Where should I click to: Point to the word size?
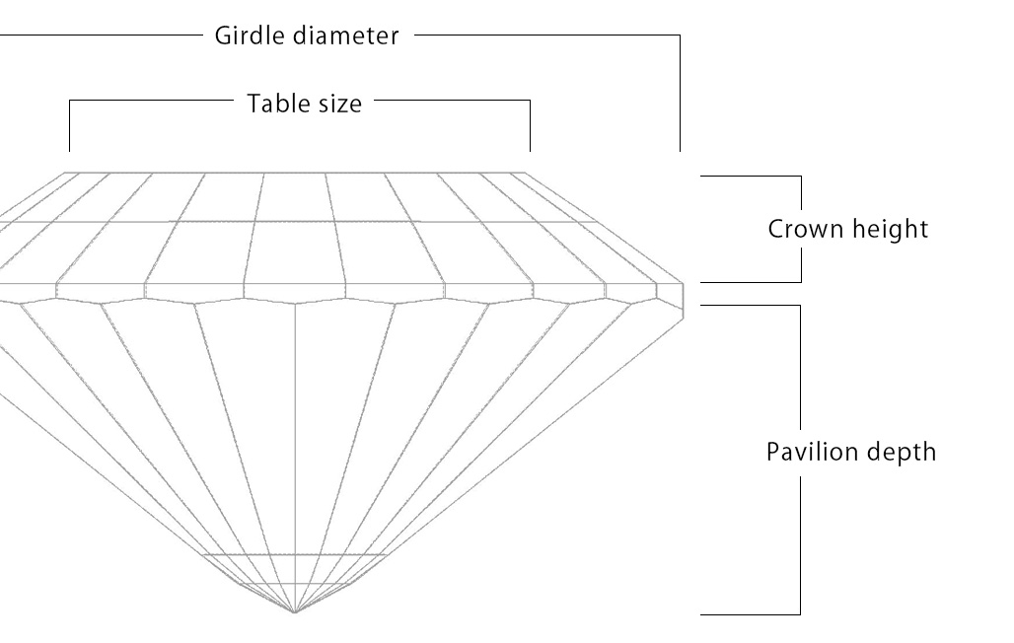(x=338, y=103)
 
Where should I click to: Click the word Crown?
(x=802, y=229)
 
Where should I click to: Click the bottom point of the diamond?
(x=294, y=612)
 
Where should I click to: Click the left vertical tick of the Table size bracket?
(x=69, y=125)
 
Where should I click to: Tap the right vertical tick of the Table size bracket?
(x=531, y=125)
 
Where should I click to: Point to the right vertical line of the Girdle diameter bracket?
(x=680, y=94)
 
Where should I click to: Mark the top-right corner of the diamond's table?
(x=524, y=174)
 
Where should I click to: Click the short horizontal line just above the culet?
(x=294, y=554)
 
